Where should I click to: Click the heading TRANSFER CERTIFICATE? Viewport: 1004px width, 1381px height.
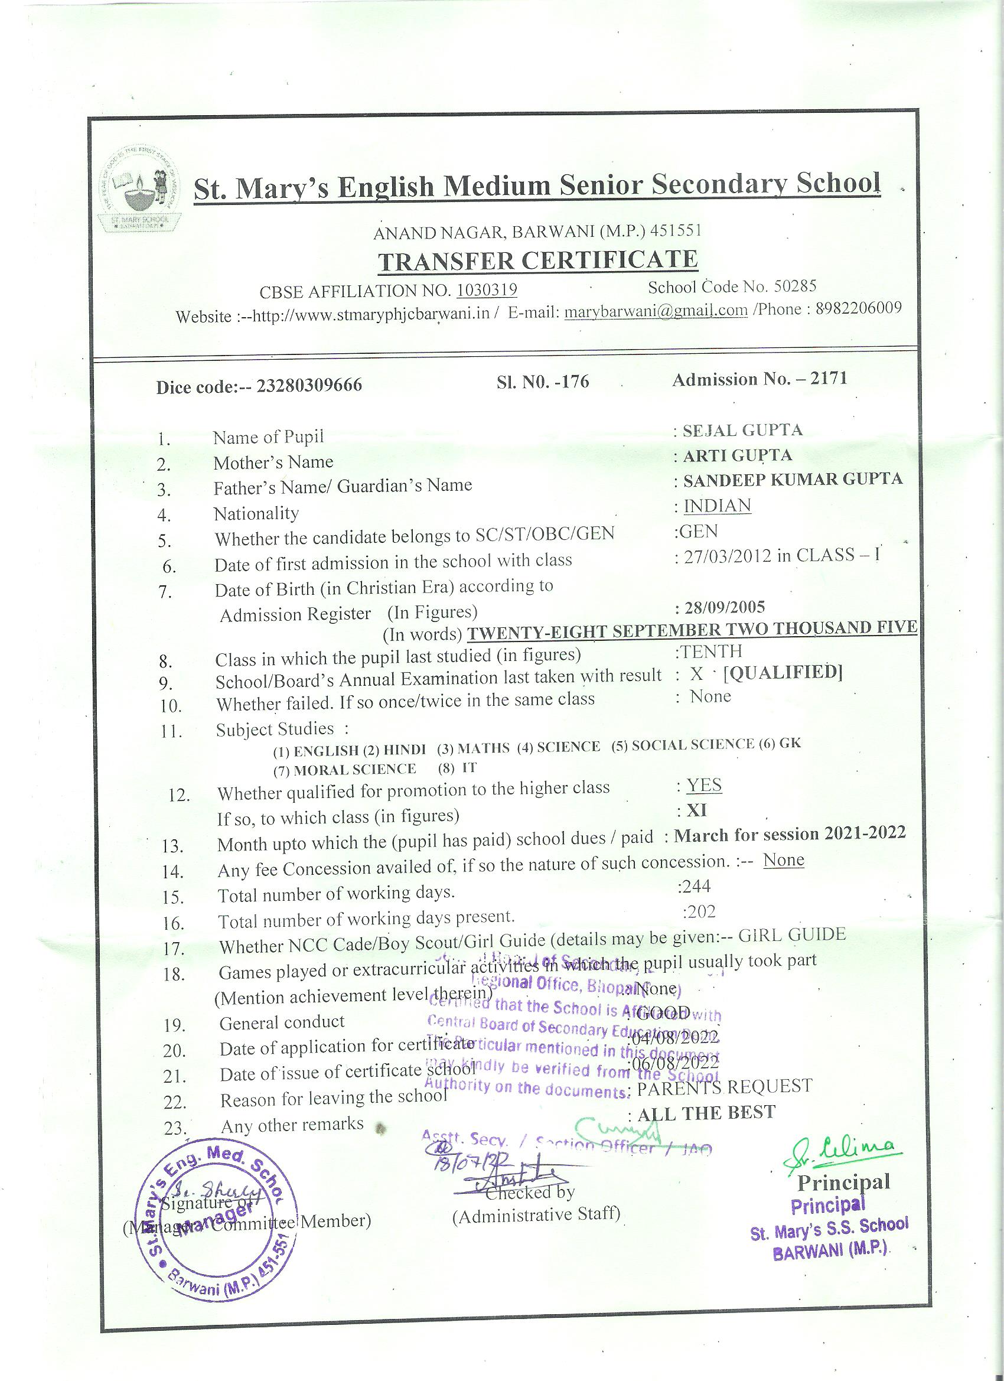click(537, 260)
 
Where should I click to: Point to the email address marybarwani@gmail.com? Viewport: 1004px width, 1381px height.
click(656, 311)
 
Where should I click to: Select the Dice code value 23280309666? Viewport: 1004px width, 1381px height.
click(309, 386)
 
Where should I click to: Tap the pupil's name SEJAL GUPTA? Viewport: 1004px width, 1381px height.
click(742, 431)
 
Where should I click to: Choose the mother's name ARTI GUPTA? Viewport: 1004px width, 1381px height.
click(737, 455)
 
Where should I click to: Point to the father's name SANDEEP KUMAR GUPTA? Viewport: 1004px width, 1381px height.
click(792, 479)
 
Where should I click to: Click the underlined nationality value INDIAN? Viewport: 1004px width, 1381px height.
click(717, 506)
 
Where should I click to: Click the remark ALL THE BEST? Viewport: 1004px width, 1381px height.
click(706, 1112)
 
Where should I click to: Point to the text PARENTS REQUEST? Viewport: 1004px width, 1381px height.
click(724, 1086)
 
